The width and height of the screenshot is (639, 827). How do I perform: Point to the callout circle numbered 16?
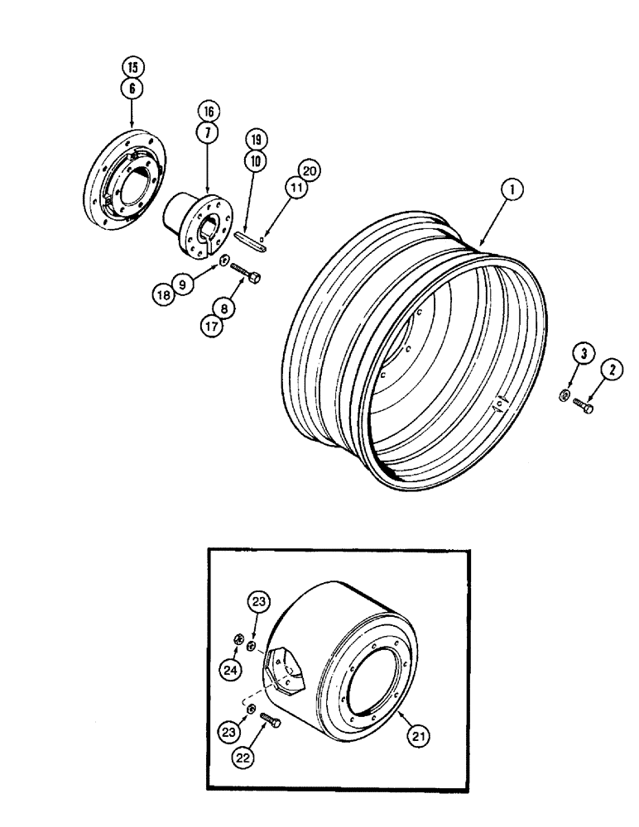(x=207, y=110)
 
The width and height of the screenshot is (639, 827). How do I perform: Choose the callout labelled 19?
(x=255, y=141)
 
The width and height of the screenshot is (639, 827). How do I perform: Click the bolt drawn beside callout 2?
(x=583, y=404)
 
